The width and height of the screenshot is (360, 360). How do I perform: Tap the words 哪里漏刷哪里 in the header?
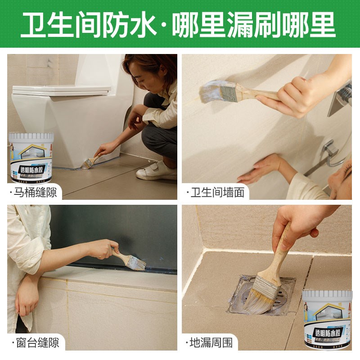pyautogui.click(x=254, y=26)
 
